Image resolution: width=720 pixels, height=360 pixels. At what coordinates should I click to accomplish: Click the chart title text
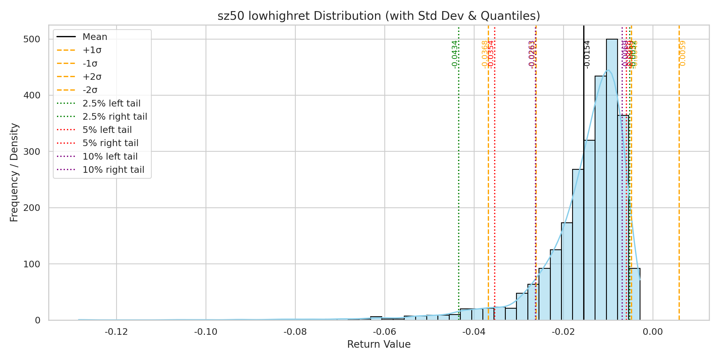tap(379, 16)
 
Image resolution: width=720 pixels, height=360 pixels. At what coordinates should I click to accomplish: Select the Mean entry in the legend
tap(95, 37)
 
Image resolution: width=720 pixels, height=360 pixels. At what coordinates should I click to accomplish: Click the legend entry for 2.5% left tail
tap(111, 103)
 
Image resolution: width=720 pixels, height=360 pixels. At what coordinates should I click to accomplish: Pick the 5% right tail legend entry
tap(110, 143)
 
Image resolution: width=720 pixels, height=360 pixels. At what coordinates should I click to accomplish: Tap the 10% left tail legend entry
tap(110, 157)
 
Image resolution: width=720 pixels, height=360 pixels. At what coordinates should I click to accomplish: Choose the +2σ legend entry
tap(92, 77)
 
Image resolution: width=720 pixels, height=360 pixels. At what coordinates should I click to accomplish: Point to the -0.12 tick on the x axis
tap(116, 332)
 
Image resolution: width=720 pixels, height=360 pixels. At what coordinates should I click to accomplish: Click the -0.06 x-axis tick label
tap(385, 332)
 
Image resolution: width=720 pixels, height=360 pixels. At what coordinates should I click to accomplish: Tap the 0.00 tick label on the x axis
tap(653, 332)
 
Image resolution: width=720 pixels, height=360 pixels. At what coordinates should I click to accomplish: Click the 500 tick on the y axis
tap(32, 39)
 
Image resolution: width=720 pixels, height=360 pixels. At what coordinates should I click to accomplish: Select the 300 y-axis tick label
tap(32, 152)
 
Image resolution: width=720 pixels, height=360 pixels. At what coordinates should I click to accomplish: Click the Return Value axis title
tap(379, 344)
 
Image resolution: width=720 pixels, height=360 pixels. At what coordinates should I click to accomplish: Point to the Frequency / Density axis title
tap(14, 172)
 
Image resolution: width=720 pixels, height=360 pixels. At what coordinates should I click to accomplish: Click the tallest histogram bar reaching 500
tap(612, 180)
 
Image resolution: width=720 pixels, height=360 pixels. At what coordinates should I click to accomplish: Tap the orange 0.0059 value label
tap(682, 53)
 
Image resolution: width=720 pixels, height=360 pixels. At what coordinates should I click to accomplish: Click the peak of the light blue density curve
tap(608, 70)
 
